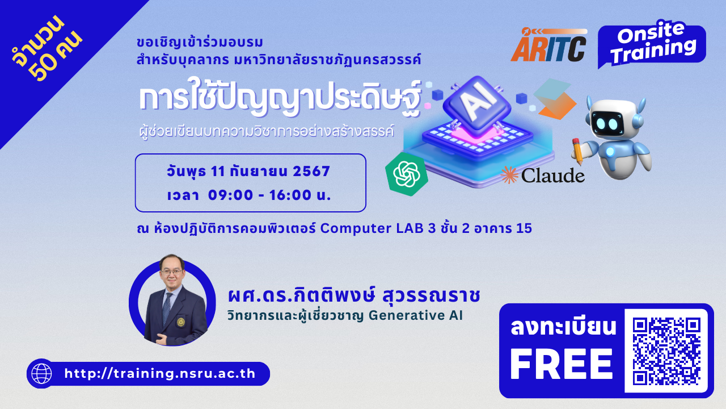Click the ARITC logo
pos(549,45)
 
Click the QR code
pos(666,351)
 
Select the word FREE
pos(562,364)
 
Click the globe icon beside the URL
pos(41,374)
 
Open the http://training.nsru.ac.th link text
pos(160,374)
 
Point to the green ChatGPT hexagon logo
pos(407,174)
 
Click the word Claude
pos(553,176)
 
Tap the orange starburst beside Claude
pos(509,175)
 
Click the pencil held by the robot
pos(577,151)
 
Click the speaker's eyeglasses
pos(172,272)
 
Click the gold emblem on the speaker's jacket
pos(181,322)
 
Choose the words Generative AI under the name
pos(416,315)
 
